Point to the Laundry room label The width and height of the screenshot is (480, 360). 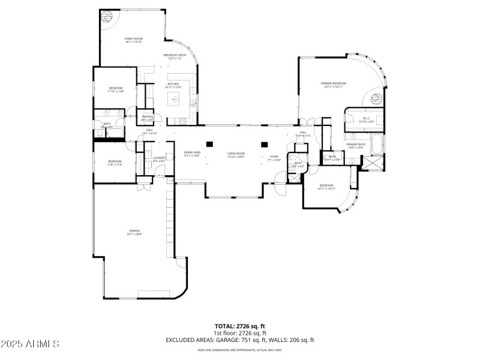(x=159, y=159)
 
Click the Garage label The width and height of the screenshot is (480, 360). (x=133, y=232)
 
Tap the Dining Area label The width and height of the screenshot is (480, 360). (x=192, y=154)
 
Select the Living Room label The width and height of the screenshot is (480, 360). (x=235, y=155)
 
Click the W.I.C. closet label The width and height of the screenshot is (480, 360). (x=366, y=119)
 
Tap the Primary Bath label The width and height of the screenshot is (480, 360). (x=356, y=145)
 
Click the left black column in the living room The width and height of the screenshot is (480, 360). (x=209, y=144)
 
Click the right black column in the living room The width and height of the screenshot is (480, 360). (x=263, y=144)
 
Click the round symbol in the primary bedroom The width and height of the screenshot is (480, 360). (x=377, y=98)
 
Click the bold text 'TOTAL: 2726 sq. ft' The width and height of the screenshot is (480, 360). (x=240, y=326)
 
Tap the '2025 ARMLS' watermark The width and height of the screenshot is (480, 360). (x=30, y=344)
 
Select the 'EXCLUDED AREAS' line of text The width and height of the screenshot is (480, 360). (x=240, y=340)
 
